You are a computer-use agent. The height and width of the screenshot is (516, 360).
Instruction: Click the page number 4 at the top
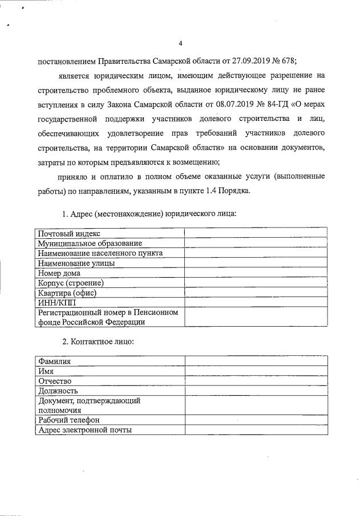[x=180, y=44]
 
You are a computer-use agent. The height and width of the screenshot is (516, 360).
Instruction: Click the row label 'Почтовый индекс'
[x=69, y=233]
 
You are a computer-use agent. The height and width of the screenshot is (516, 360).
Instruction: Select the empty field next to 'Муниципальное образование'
[x=256, y=243]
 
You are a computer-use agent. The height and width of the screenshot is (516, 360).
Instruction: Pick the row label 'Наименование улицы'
[x=76, y=263]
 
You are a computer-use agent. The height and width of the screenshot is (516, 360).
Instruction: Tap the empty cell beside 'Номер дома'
[x=256, y=273]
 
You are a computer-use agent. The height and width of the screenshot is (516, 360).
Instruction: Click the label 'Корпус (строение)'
[x=71, y=282]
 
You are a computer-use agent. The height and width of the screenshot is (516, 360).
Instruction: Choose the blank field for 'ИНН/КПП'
[x=256, y=302]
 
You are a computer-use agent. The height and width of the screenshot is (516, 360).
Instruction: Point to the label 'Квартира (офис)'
[x=67, y=292]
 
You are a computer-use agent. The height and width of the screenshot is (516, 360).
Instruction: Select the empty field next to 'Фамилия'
[x=256, y=361]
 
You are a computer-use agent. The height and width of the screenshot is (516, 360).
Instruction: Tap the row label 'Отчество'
[x=54, y=381]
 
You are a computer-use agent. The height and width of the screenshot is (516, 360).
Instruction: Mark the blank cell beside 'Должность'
[x=256, y=391]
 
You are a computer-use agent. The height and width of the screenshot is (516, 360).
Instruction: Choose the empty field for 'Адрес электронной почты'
[x=256, y=430]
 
